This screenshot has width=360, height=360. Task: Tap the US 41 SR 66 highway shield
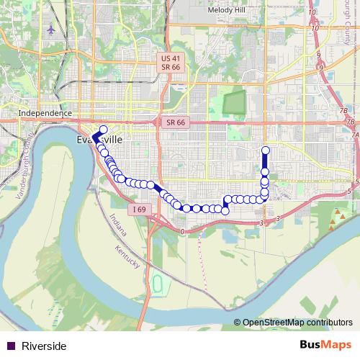[x=171, y=62]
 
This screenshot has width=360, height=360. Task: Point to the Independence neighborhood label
[x=45, y=113]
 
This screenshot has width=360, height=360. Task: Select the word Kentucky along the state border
[x=127, y=258]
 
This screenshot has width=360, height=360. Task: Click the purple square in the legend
[x=10, y=346]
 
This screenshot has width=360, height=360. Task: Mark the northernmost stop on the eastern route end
[x=265, y=150]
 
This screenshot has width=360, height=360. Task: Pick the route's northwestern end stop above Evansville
[x=103, y=130]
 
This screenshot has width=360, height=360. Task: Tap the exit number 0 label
[x=183, y=231]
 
